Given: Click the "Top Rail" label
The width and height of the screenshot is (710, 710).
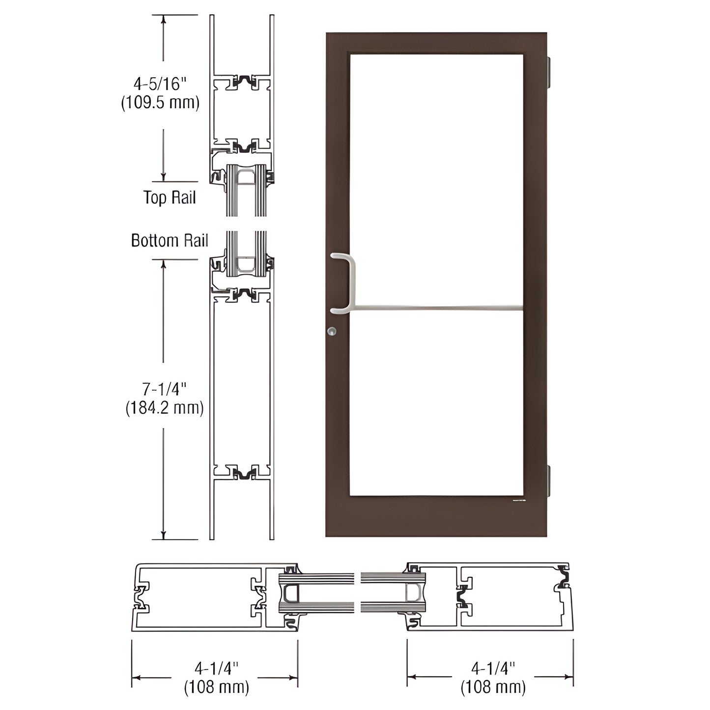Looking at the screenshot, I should click(170, 198).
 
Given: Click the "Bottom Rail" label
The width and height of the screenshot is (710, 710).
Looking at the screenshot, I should click(170, 240).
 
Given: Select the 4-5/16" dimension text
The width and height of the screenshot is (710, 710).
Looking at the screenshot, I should click(161, 84).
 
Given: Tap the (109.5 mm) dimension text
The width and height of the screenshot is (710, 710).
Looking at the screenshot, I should click(161, 102).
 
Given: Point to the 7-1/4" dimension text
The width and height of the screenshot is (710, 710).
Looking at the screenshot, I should click(165, 389).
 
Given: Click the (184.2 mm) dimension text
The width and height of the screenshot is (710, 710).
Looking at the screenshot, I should click(165, 408).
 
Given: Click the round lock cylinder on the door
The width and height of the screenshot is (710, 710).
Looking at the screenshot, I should click(333, 331).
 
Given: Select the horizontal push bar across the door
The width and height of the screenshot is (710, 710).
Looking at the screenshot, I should click(437, 309).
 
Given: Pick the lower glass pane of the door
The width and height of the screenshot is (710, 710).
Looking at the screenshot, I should click(436, 403).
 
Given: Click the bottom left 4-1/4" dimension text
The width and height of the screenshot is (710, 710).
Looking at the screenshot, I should click(216, 668).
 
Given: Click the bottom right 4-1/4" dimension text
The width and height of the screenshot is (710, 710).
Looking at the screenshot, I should click(493, 668).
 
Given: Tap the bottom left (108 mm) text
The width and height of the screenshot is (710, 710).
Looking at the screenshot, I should click(216, 687).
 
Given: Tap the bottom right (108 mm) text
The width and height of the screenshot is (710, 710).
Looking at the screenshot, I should click(493, 687).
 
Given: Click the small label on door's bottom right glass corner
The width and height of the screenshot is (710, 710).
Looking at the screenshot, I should click(519, 501).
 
